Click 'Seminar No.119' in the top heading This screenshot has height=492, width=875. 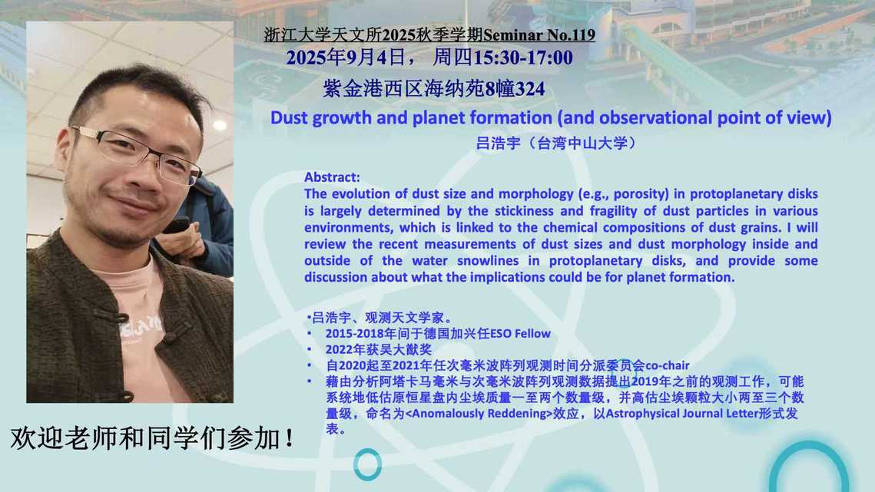point(539,35)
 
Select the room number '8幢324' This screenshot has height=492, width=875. point(515,89)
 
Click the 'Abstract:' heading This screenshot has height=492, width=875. point(332,177)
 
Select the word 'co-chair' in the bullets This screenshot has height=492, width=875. point(668,366)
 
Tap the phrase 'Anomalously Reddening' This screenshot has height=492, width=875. point(479,414)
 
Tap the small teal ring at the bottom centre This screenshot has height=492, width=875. point(368,464)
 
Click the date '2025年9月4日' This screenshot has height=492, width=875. point(346,58)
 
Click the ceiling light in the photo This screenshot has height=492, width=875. point(219,125)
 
